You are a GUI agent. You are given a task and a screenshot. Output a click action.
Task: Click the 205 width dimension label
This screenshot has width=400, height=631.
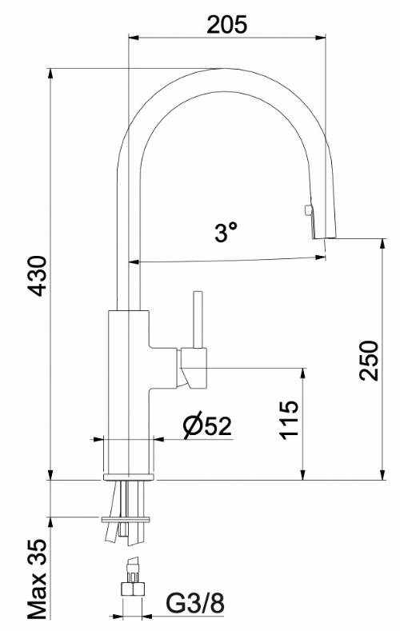(x=226, y=25)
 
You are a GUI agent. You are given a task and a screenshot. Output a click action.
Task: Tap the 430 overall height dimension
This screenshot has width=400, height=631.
(x=39, y=276)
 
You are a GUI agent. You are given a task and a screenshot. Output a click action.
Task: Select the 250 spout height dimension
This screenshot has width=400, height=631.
(x=370, y=361)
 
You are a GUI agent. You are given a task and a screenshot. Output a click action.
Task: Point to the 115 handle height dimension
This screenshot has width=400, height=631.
(x=290, y=420)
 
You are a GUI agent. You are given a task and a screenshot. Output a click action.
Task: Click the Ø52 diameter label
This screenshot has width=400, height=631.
(x=207, y=426)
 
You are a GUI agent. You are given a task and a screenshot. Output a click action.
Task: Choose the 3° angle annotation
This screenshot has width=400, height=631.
(x=226, y=233)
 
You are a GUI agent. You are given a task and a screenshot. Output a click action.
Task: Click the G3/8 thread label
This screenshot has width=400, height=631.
(x=195, y=604)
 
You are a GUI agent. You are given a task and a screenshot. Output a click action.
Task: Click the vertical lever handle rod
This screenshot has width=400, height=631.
(x=198, y=320)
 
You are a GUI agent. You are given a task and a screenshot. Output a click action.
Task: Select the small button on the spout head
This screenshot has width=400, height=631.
(x=308, y=210)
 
